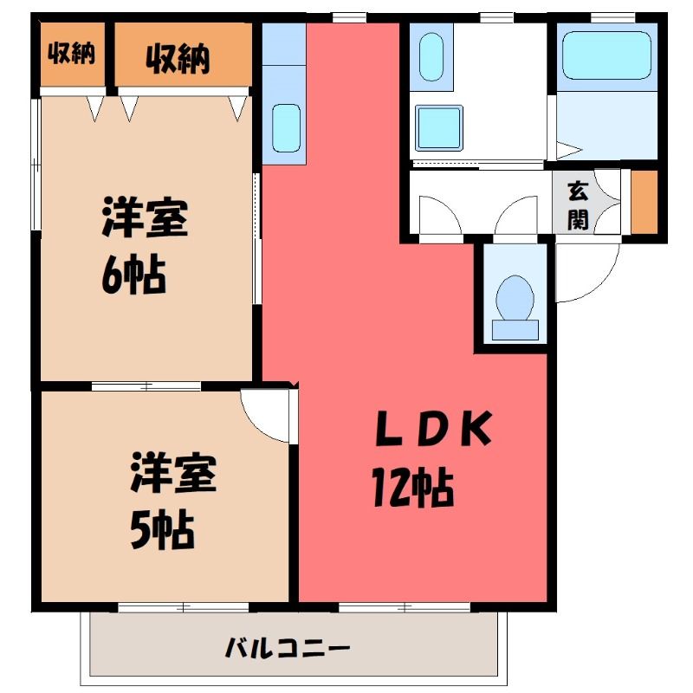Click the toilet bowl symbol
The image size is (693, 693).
click(515, 298)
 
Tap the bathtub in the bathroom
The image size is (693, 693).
click(606, 55)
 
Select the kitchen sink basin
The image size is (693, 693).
click(287, 128)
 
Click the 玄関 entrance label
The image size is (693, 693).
click(578, 205)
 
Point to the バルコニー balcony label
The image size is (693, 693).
click(288, 649)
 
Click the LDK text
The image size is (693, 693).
click(434, 428)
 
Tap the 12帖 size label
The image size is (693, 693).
click(413, 487)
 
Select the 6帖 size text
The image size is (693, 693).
click(133, 275)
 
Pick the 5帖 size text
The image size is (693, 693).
click(162, 529)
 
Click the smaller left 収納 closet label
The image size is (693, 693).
click(72, 53)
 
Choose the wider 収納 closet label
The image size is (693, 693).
click(178, 58)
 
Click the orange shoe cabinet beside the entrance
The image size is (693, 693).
click(644, 202)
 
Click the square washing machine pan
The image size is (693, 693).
click(439, 128)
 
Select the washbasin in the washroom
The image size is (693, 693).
click(431, 56)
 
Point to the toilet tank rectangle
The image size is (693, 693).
click(515, 330)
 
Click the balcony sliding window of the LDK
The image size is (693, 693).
click(405, 608)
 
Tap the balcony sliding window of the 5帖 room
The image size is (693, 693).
click(184, 608)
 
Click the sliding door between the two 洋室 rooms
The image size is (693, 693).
click(146, 386)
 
